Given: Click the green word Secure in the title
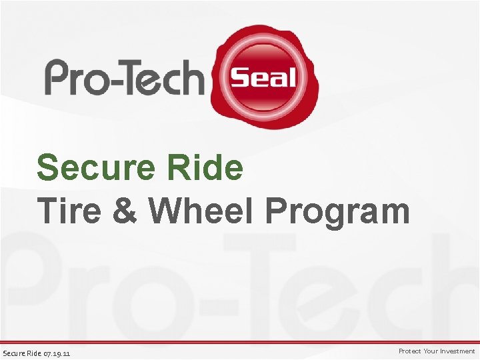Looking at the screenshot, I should [93, 168].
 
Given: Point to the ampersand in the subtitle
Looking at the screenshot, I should [127, 211].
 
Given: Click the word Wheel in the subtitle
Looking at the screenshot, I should [201, 211].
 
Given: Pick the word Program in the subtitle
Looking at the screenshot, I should [337, 211].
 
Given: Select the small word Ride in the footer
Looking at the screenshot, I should [35, 352].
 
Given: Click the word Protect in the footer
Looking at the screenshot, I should [410, 351].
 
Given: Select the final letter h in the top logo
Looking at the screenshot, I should [192, 76].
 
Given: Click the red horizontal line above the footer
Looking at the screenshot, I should [240, 342].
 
